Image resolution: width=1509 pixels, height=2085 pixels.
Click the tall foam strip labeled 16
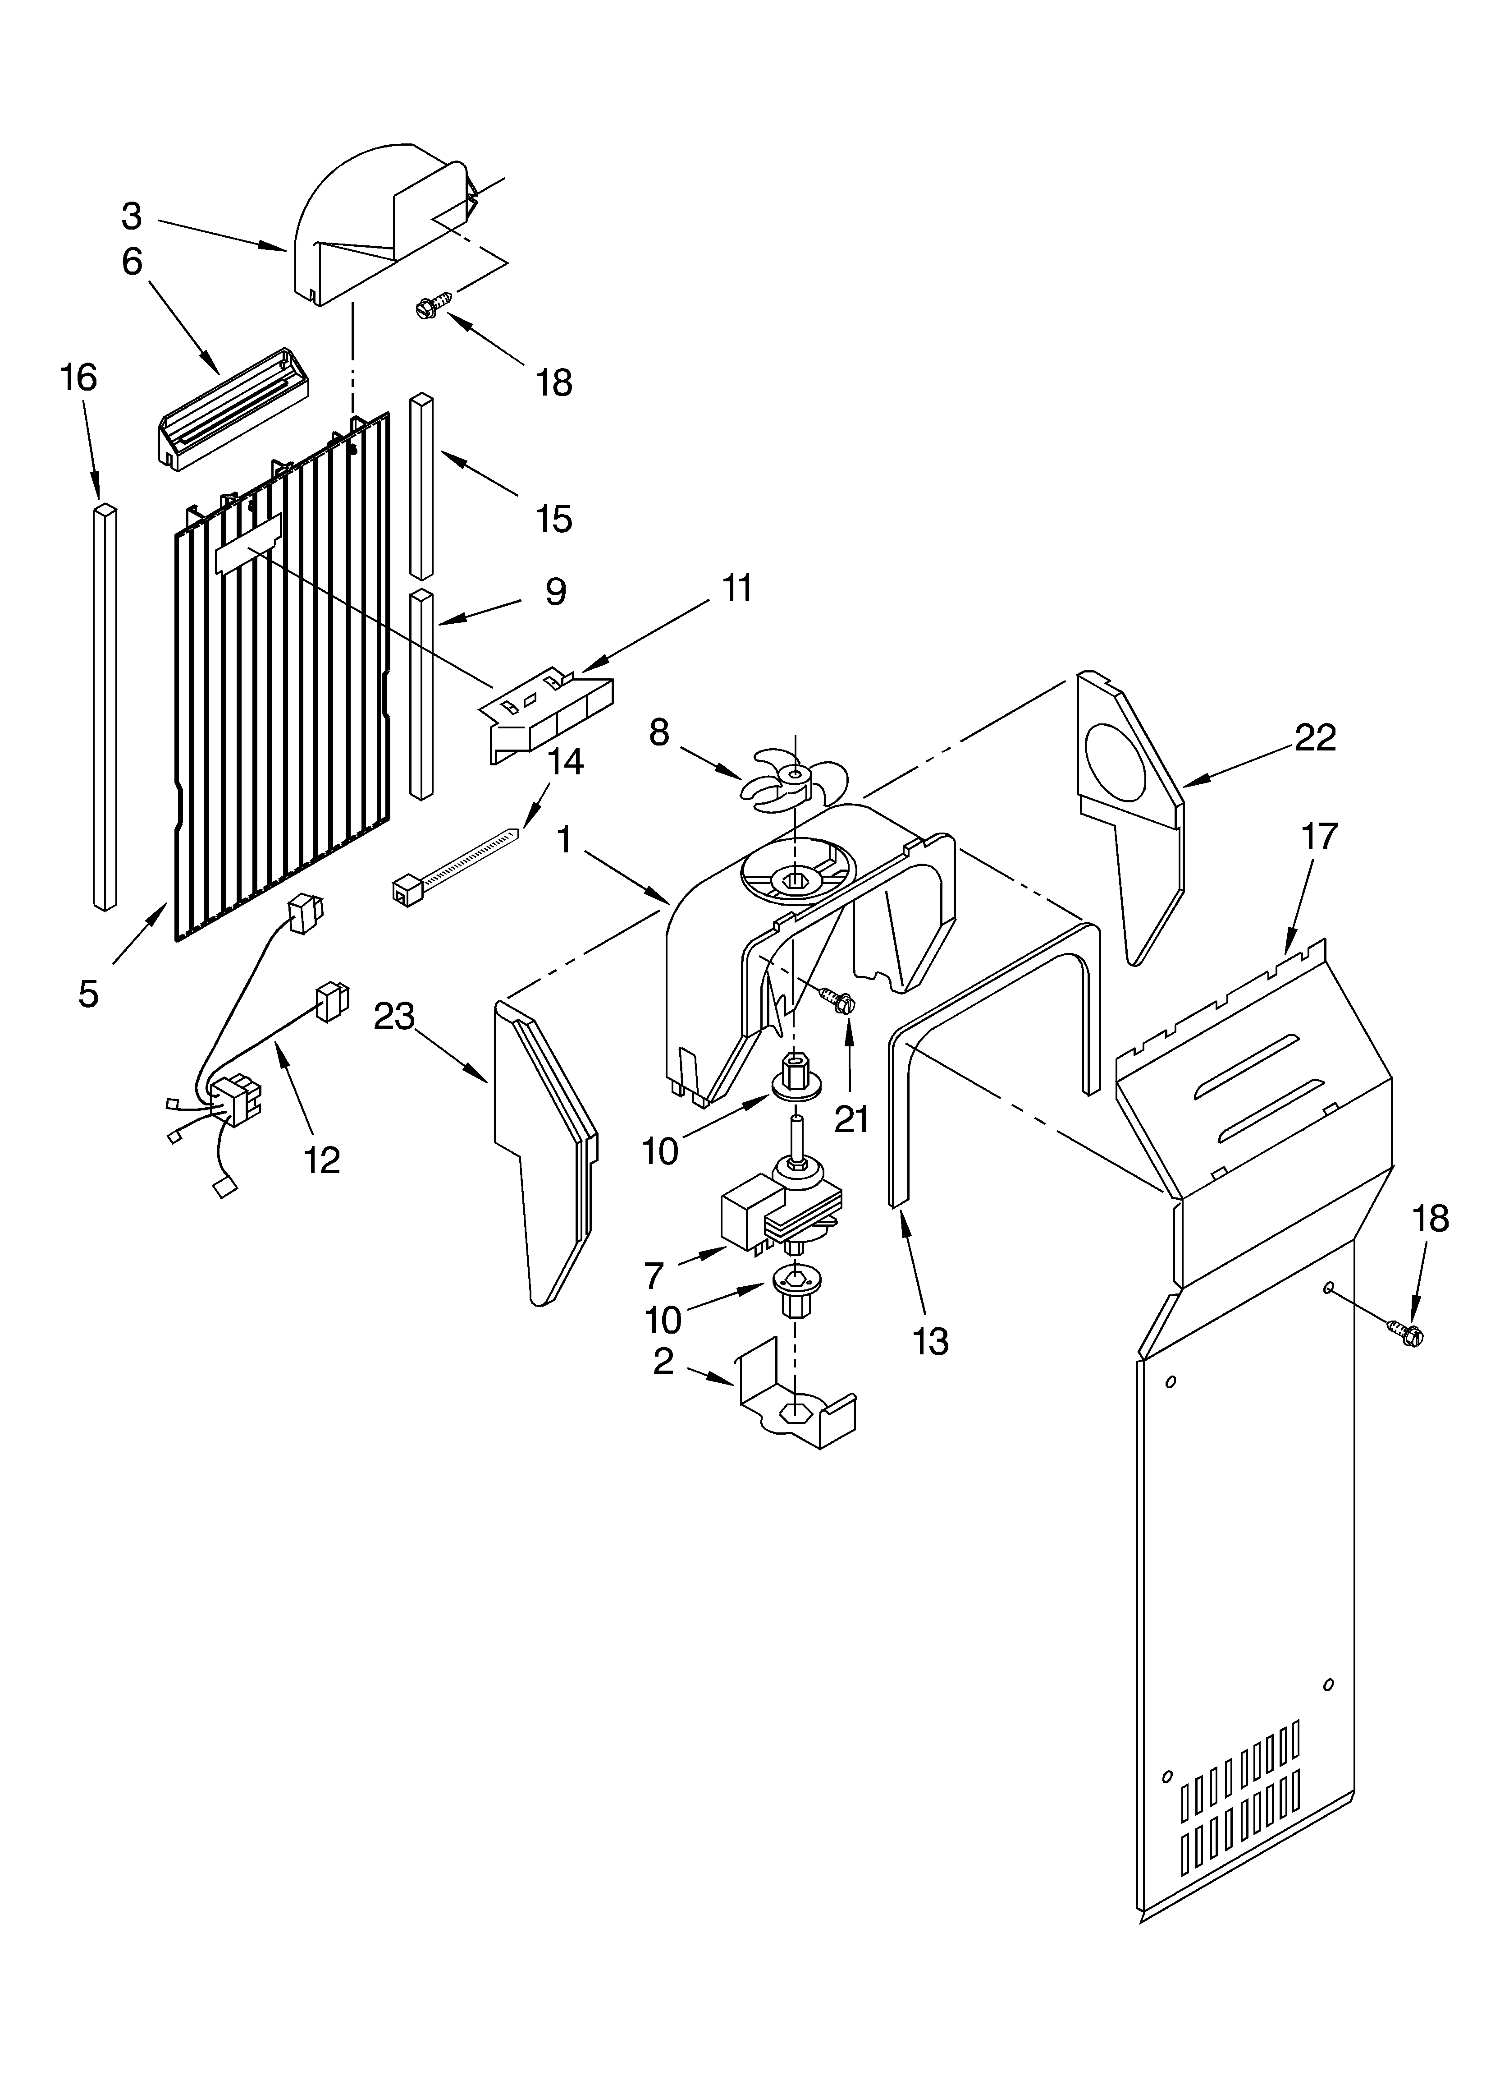pos(105,706)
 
